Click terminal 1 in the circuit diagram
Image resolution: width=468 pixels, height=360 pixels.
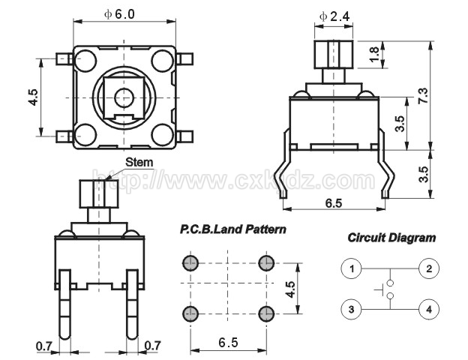click(x=351, y=268)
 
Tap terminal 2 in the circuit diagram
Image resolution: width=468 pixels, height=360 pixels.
click(x=429, y=268)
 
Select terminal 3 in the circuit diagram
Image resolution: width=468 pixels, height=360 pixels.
click(x=351, y=309)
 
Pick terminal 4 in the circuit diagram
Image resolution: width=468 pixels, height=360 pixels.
click(x=429, y=309)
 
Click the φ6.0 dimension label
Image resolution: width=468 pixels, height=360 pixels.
click(x=119, y=14)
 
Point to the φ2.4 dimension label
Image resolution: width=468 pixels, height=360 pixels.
click(x=334, y=16)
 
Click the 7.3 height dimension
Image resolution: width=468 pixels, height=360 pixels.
click(x=423, y=96)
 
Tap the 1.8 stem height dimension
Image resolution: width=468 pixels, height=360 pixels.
click(x=373, y=54)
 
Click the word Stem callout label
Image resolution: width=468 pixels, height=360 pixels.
click(x=139, y=163)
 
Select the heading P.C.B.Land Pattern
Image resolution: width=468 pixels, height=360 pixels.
click(x=232, y=229)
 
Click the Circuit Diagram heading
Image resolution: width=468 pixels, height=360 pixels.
click(x=391, y=238)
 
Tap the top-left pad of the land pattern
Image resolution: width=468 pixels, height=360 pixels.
click(x=190, y=263)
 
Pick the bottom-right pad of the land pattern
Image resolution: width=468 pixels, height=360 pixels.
click(x=266, y=313)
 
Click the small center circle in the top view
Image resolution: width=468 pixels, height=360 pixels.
click(x=124, y=97)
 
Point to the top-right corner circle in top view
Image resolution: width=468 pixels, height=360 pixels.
click(x=162, y=61)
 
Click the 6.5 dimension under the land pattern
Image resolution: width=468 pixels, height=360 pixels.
click(x=228, y=343)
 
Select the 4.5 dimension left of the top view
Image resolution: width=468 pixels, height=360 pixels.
click(x=33, y=97)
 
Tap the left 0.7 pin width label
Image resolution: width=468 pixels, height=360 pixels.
click(x=43, y=346)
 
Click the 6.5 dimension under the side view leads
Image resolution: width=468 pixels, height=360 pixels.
click(x=334, y=203)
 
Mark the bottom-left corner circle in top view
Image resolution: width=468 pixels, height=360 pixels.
click(x=85, y=135)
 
